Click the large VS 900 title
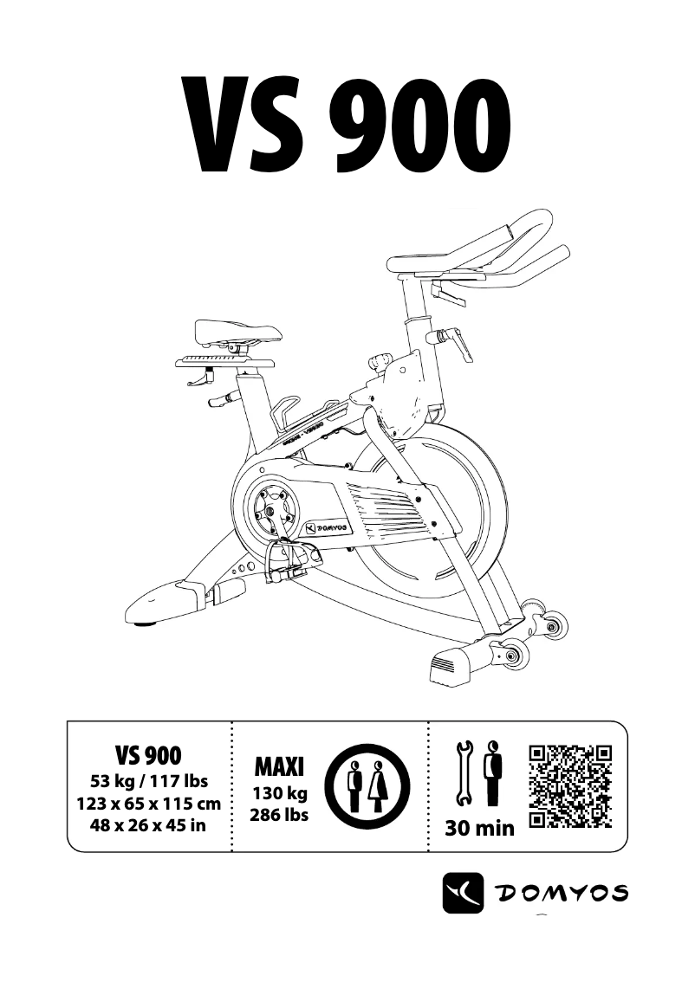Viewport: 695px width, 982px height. coord(347,126)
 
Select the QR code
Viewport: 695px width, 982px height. coord(570,785)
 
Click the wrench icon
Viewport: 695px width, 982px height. coord(463,773)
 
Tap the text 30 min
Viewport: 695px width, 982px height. coord(479,829)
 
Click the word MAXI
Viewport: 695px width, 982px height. coord(279,766)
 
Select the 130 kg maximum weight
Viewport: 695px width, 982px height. coord(279,793)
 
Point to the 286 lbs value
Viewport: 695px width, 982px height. coord(279,815)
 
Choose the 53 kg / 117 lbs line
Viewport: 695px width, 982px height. coord(149,783)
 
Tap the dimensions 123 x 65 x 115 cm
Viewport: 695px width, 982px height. coord(149,804)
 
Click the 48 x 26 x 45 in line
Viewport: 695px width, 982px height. coord(149,824)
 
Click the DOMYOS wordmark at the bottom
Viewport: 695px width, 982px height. coord(562,892)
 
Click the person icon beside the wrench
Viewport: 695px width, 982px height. coord(492,772)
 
